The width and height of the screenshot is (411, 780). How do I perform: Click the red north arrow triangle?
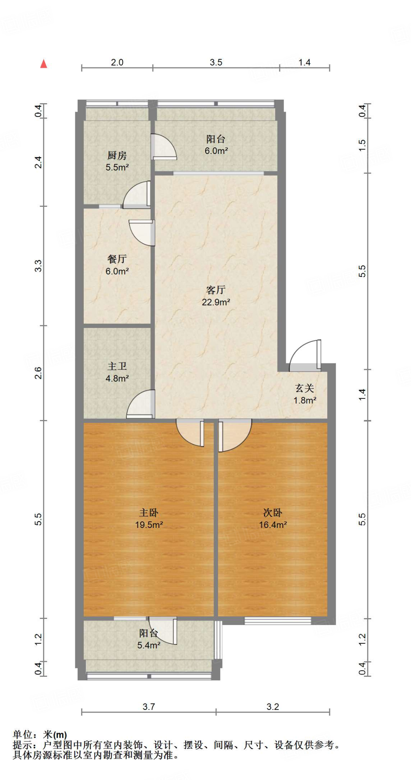click(x=44, y=64)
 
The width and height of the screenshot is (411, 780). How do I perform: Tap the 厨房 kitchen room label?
click(x=117, y=155)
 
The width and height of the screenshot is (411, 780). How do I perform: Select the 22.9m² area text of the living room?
click(x=216, y=302)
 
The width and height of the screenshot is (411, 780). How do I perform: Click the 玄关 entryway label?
click(x=304, y=388)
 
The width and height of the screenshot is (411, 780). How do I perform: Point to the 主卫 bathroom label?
click(x=117, y=366)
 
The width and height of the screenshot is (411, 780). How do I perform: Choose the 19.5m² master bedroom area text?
click(x=149, y=525)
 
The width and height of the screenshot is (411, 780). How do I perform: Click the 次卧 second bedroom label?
click(x=272, y=513)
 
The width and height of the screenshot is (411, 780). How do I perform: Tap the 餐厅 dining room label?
click(x=117, y=259)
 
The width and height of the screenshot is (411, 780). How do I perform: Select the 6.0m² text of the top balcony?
click(x=216, y=151)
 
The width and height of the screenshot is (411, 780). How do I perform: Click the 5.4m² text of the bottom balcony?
click(x=149, y=645)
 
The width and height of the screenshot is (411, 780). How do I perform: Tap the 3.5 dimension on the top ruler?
click(x=216, y=62)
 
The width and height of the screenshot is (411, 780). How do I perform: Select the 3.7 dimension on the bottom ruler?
click(x=149, y=707)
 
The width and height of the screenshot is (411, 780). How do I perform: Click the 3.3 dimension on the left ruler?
click(x=38, y=265)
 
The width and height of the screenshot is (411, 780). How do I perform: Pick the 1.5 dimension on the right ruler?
click(x=362, y=145)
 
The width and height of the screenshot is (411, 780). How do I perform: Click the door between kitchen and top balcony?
click(x=163, y=147)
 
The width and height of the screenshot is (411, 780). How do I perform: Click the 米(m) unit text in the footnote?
click(x=55, y=735)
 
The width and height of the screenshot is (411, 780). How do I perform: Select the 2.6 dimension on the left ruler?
click(x=38, y=373)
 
